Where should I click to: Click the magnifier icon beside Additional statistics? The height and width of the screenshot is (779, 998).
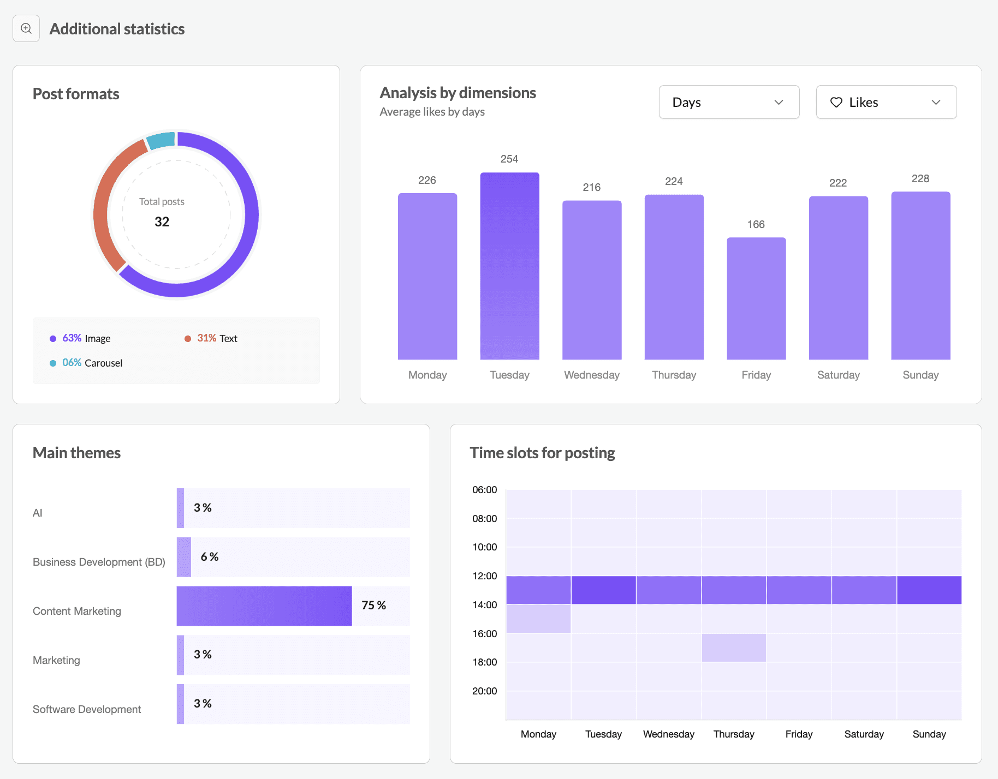tap(26, 28)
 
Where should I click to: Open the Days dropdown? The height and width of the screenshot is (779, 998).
tap(728, 102)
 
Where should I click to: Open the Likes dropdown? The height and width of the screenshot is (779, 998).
tap(886, 102)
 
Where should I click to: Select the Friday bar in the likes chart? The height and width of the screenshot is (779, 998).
tap(756, 298)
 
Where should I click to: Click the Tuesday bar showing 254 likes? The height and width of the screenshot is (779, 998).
tap(509, 266)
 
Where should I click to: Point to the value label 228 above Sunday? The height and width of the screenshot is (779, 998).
tap(920, 178)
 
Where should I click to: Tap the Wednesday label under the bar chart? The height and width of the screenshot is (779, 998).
tap(591, 375)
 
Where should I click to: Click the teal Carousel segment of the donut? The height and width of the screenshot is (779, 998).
tap(161, 140)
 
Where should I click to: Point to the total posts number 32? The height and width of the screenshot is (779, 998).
tap(162, 221)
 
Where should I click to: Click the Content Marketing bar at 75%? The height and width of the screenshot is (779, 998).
tap(264, 606)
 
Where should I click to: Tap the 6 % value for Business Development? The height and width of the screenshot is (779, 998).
tap(210, 556)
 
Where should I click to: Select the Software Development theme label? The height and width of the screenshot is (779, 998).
tap(87, 709)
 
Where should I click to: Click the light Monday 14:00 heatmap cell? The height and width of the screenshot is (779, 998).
tap(538, 619)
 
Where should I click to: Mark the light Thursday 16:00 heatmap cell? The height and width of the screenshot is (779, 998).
tap(734, 648)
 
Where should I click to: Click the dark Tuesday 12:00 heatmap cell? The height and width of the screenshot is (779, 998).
tap(603, 590)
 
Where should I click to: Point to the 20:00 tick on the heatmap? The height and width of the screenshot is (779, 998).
tap(484, 691)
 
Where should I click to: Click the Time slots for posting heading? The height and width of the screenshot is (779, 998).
tap(542, 453)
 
